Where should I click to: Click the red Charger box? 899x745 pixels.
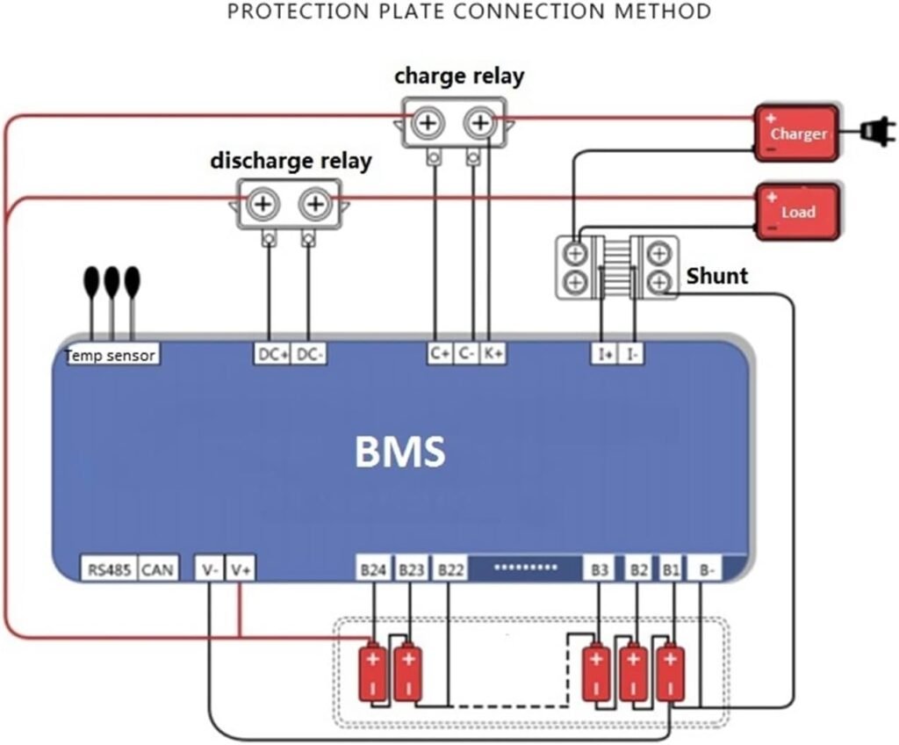tap(797, 134)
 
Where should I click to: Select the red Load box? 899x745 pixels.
tap(797, 211)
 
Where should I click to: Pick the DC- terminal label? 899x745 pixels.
tap(308, 354)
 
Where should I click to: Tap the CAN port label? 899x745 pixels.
tap(157, 570)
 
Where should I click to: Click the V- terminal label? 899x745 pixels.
tap(210, 570)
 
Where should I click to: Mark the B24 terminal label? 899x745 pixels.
tap(373, 570)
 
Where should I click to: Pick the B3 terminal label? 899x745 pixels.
tap(600, 570)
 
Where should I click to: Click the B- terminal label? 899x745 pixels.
tap(707, 570)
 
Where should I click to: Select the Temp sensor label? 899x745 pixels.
tap(111, 355)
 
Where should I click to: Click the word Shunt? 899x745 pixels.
tap(716, 276)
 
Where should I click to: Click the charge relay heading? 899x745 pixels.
tap(458, 76)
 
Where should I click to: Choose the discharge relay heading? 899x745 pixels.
tap(291, 161)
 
